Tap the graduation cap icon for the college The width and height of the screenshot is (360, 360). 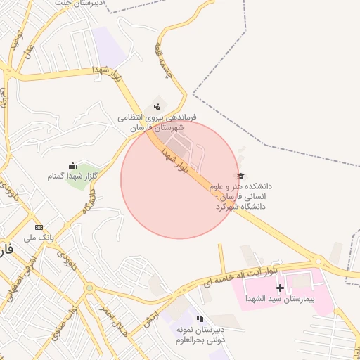click(240, 176)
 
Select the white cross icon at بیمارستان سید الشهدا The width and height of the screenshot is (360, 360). click(281, 288)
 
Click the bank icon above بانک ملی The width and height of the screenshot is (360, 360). click(39, 227)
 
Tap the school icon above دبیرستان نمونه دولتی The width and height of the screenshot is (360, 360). click(200, 319)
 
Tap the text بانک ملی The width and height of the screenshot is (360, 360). click(39, 238)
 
